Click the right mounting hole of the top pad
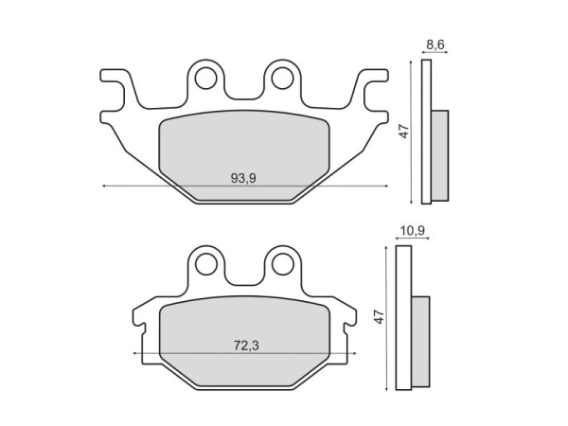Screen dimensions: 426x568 pos(280,78)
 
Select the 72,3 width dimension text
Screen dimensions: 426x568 pos(243,346)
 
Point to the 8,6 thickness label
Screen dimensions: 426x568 pos(435,44)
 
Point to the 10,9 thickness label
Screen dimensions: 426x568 pos(413,230)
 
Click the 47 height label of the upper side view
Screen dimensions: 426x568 pos(403,132)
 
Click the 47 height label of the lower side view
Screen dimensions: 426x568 pos(380,317)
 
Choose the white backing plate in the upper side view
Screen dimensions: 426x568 pos(426,132)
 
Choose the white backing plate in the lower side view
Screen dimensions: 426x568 pos(403,317)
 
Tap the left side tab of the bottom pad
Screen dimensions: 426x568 pos(141,322)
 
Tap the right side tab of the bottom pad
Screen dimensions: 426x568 pos(346,322)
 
